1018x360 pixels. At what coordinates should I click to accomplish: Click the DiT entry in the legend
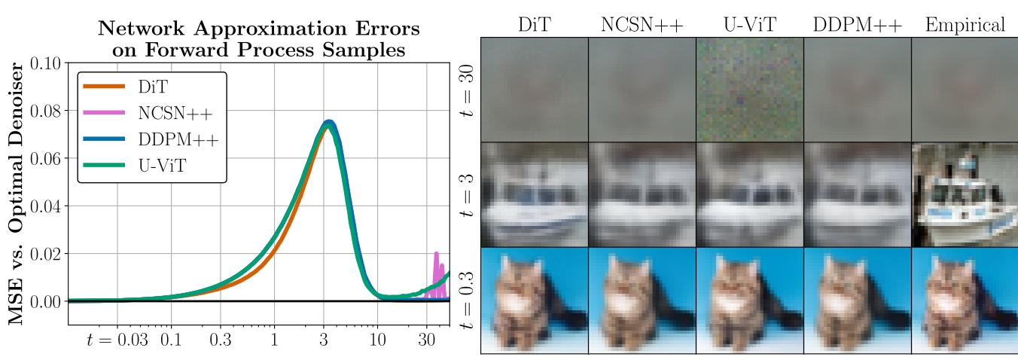(151, 87)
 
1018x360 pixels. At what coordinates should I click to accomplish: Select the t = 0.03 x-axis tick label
(117, 340)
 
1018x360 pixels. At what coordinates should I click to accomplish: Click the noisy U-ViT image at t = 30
(749, 90)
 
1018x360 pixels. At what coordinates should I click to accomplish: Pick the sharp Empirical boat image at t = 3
(965, 194)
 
